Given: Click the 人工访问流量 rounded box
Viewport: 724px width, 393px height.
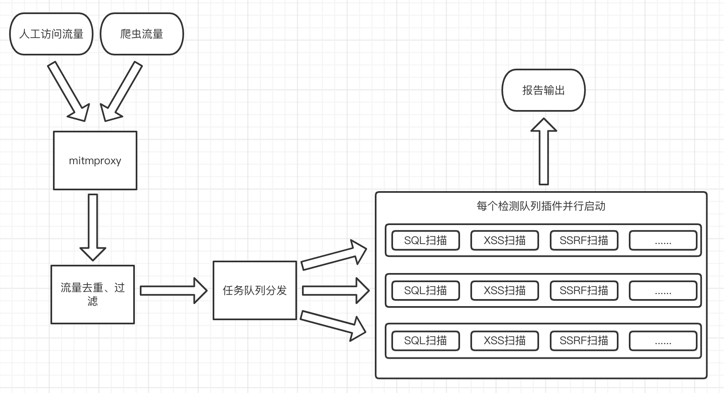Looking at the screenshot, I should (x=51, y=34).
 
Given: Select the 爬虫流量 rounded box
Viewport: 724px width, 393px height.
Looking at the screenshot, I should (x=142, y=34).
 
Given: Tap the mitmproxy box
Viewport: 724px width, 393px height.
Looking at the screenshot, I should (x=95, y=161).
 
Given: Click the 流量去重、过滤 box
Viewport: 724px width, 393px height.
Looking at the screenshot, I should (x=93, y=294).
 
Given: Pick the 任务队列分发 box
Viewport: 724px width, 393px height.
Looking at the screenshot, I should (x=255, y=290).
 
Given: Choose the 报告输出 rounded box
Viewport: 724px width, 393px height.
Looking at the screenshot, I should (x=544, y=90).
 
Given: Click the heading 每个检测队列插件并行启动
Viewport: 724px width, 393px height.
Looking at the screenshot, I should (x=541, y=206).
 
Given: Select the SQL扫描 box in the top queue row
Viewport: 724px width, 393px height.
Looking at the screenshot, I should (x=426, y=240).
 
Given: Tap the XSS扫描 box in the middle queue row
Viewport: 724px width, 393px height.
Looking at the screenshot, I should (x=505, y=290).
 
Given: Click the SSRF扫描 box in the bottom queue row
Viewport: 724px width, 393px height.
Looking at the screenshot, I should (x=584, y=340).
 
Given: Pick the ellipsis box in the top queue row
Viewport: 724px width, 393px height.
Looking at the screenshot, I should (x=663, y=240).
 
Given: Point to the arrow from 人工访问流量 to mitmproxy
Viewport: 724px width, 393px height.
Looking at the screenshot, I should (x=69, y=91).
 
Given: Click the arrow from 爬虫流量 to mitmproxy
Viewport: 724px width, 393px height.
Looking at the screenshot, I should (x=122, y=91).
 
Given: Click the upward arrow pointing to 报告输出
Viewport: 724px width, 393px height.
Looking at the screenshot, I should (x=544, y=151).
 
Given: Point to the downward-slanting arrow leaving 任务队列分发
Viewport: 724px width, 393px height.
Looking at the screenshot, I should (x=333, y=324).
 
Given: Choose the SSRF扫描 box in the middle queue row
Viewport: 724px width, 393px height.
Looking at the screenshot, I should (x=584, y=290).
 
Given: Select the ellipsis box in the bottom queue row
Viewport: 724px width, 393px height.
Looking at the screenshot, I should (x=663, y=340).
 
